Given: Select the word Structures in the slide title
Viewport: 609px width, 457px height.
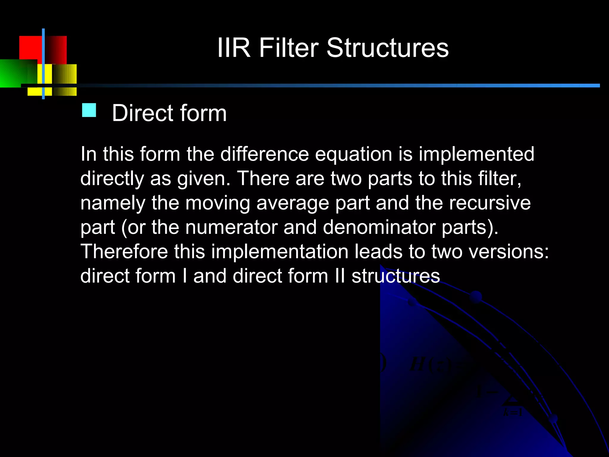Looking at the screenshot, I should (388, 48).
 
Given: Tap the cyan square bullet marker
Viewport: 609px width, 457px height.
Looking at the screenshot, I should (89, 110).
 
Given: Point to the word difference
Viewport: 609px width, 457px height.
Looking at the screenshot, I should (264, 154).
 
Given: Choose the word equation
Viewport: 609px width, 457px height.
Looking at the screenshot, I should (354, 154).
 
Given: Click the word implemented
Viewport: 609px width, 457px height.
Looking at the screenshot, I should (476, 154).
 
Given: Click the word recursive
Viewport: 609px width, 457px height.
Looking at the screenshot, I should (490, 203).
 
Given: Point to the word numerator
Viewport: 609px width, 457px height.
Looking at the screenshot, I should (231, 227).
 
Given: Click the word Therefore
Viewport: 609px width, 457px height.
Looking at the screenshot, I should (124, 251).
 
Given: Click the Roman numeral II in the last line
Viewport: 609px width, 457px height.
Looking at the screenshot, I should (340, 276).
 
